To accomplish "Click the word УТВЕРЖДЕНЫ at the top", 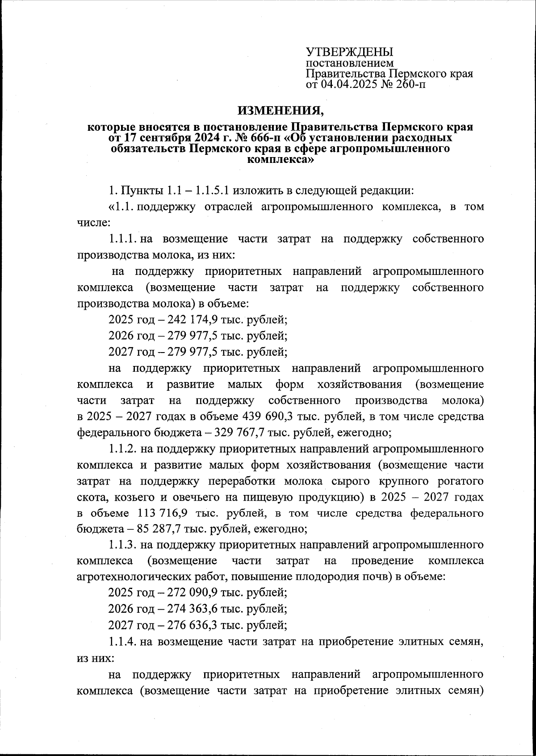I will pos(349,52).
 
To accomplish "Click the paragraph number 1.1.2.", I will pos(122,449).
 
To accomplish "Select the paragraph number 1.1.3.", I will pos(122,545).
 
